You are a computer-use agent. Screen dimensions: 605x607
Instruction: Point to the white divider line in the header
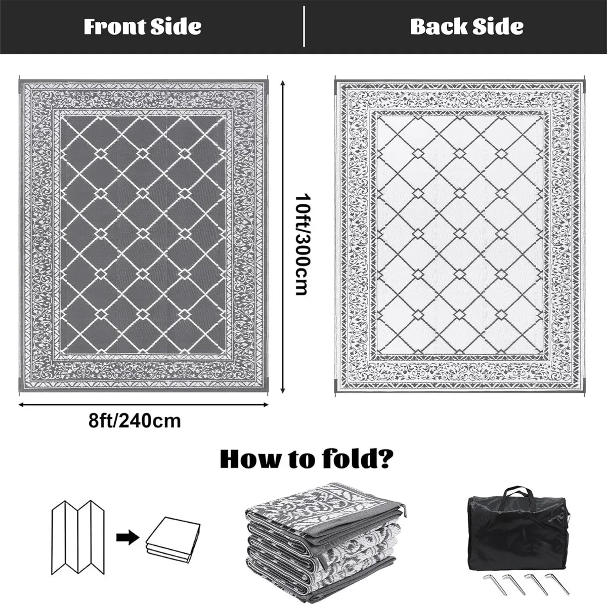pos(303,26)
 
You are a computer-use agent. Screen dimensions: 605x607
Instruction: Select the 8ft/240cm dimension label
pos(134,420)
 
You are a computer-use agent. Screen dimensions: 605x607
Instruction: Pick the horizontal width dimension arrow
pos(143,404)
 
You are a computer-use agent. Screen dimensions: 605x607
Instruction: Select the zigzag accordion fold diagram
pos(78,536)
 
